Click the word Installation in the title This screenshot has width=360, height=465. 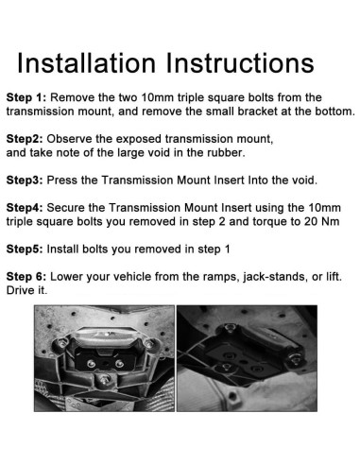pos(86,63)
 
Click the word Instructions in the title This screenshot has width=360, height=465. pos(240,63)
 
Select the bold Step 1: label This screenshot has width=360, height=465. pos(26,97)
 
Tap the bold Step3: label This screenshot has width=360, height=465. pos(25,181)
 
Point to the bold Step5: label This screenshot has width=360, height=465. pos(25,250)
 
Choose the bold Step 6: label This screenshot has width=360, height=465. pos(26,277)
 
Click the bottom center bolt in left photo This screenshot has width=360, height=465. pos(104,379)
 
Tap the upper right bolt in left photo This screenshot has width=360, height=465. pos(148,343)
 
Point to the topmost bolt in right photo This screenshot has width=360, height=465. pos(231,328)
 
